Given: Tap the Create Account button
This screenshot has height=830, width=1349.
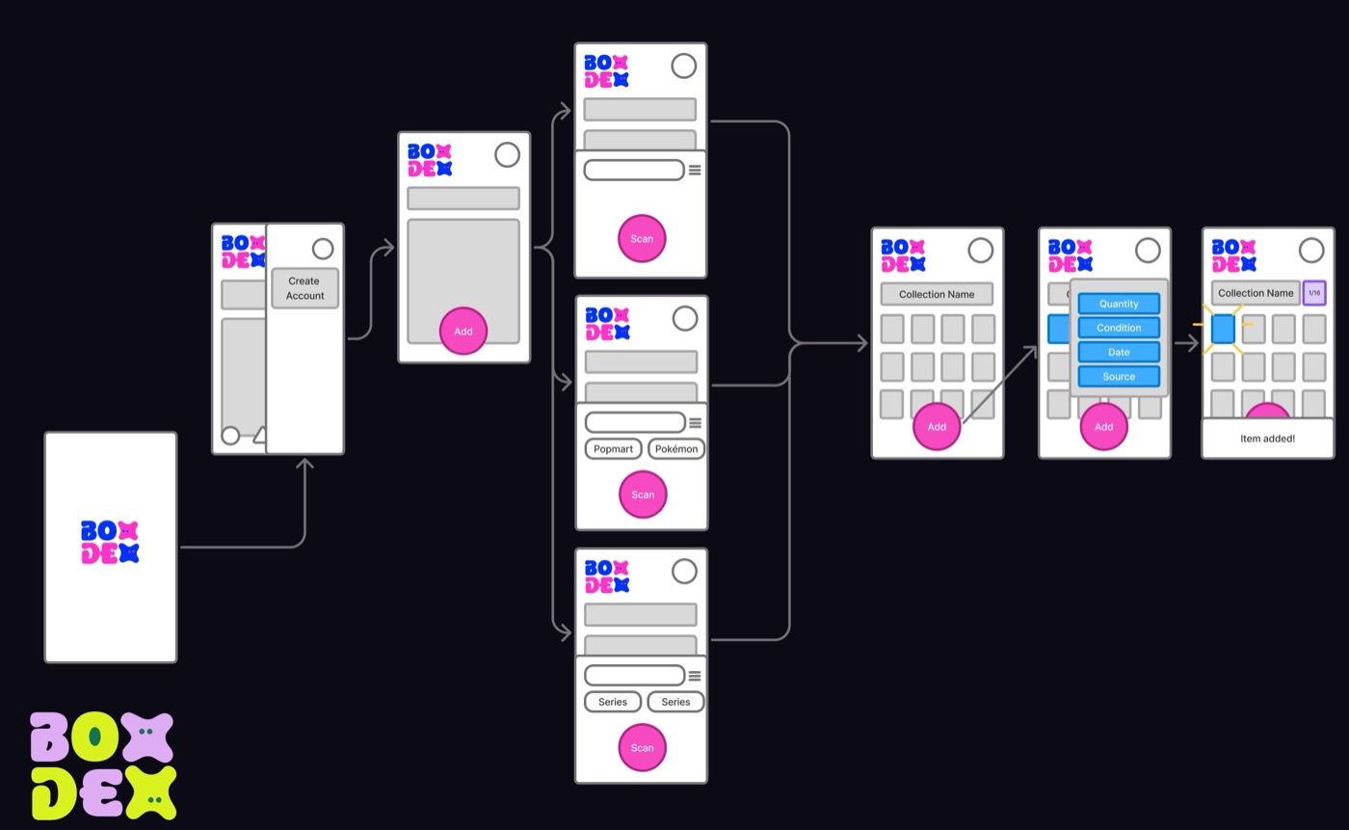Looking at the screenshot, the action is pos(304,288).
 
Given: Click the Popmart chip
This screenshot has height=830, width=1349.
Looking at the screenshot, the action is pos(613,448).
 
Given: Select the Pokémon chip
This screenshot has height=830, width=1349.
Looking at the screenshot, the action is pos(676,448).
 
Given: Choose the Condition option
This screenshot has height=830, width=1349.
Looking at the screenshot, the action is pos(1119,328).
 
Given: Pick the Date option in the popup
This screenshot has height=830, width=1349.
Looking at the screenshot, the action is pos(1119,352).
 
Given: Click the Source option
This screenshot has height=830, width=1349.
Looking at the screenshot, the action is pos(1119,377).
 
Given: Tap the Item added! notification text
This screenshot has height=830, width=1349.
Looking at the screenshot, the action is pos(1267,439).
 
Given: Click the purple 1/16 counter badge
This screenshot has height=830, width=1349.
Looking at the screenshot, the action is pos(1314,293).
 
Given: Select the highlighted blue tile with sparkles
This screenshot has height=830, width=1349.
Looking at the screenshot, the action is pos(1223,329).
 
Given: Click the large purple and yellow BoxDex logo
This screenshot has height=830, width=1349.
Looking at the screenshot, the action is pos(103,765).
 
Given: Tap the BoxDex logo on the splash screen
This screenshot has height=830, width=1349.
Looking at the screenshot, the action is pos(110,542).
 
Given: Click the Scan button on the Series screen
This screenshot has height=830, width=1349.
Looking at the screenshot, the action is pos(642,747).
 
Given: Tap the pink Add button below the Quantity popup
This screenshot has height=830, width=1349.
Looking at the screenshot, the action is pos(1103,426).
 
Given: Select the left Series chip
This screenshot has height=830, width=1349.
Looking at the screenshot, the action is pos(613,702).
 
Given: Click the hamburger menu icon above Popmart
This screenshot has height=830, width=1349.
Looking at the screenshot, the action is pos(695,423).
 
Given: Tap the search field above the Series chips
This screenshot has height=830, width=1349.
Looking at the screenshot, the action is pos(634,675).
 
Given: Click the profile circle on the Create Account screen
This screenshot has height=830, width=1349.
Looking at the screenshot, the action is pos(323,249).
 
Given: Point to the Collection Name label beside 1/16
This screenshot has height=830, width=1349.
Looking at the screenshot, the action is pos(1256,293).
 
